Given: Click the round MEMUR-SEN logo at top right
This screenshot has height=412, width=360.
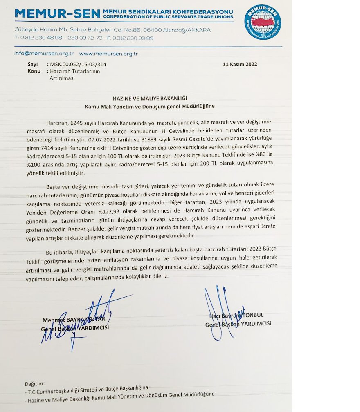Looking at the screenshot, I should click(262, 22).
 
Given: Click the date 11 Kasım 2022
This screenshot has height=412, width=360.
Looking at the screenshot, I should click(240, 64).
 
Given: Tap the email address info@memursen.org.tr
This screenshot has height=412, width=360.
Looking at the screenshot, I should click(44, 54).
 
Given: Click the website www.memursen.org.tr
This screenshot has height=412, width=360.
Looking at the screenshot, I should click(108, 54).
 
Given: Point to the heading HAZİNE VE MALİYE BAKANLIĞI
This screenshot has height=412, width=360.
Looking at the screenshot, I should click(150, 99).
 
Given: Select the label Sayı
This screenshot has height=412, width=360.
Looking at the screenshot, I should click(32, 65).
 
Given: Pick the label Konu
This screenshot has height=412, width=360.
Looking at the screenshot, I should click(34, 71).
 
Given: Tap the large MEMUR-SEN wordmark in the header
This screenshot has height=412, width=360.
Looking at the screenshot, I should click(57, 14).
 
